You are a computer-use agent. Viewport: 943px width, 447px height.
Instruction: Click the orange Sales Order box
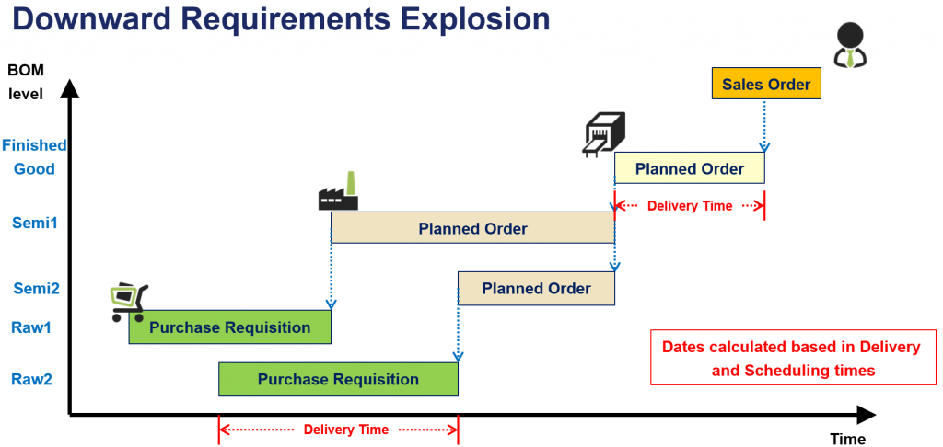[765, 84]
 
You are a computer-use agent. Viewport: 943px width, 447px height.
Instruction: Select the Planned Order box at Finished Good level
[689, 168]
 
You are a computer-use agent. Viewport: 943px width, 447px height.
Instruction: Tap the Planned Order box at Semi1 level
[472, 228]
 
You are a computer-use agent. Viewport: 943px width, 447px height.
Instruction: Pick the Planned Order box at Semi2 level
[536, 289]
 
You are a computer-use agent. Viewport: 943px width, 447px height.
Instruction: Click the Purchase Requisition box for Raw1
[229, 327]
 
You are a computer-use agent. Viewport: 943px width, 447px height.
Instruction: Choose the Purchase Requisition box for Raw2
[337, 379]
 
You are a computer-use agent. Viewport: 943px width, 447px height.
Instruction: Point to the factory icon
[338, 193]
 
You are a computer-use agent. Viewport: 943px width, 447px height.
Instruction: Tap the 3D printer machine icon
[604, 133]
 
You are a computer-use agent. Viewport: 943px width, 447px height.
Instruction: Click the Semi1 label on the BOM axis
[34, 222]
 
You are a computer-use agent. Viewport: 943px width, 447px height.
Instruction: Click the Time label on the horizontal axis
[847, 439]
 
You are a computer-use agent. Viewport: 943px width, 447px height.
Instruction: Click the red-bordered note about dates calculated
[791, 358]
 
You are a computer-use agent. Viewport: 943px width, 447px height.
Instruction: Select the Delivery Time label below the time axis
[345, 430]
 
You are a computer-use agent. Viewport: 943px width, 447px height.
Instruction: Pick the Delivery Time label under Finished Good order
[690, 206]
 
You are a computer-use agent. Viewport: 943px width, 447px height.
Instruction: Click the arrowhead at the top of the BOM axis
[69, 89]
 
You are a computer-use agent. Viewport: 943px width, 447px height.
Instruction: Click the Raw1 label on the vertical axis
[33, 327]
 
